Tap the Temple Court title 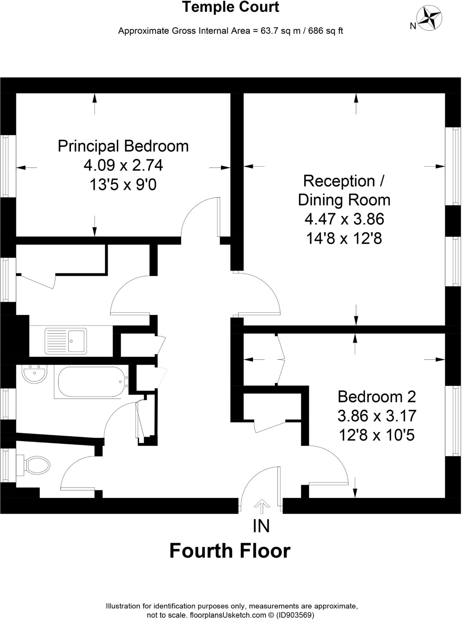(230, 7)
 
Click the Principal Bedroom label (123, 146)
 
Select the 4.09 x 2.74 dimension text (123, 165)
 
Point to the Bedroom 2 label (377, 397)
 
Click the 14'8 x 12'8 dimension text (344, 239)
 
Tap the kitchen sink (65, 341)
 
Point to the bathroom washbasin (34, 373)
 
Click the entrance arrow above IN (262, 506)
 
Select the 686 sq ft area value (326, 31)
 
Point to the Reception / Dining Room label (344, 190)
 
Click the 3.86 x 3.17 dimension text (377, 416)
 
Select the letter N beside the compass (413, 26)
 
